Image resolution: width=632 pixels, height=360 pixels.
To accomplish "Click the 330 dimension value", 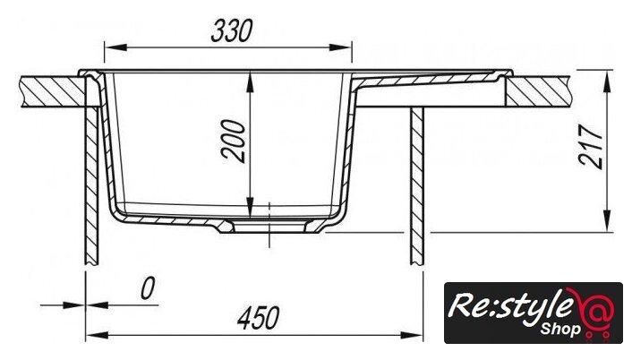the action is click(232, 30).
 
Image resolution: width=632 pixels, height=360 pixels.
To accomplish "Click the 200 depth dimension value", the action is click(234, 141).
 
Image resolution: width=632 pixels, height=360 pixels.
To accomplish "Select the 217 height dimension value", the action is click(590, 146).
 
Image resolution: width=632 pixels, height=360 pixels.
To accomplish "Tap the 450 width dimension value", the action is click(259, 318).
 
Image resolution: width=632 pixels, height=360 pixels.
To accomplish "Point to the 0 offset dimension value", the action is click(148, 288).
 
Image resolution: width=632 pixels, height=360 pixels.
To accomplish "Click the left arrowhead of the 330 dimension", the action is click(115, 47).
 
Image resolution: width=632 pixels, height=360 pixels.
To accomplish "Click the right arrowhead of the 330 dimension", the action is click(340, 47).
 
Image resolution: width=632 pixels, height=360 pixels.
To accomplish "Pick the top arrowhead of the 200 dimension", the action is click(251, 82).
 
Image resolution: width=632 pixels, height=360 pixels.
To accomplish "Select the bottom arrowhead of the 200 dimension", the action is click(251, 206).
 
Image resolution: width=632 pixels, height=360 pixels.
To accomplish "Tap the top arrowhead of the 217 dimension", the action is click(607, 81).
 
